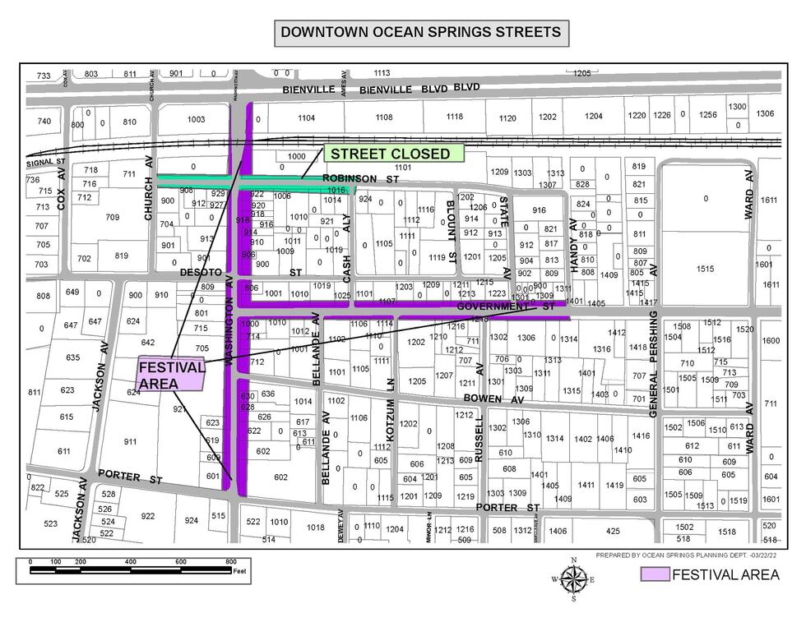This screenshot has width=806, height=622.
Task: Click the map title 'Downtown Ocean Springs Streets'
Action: point(420,33)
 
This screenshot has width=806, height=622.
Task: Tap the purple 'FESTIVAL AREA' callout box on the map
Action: point(171,376)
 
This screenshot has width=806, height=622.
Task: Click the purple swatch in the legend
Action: point(655,574)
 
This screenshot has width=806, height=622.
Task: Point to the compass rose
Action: point(573,579)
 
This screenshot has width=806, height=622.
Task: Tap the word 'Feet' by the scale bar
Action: point(239,570)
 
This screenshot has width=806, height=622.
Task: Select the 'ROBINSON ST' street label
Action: point(360,178)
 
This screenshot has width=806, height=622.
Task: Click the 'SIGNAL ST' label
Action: point(45,162)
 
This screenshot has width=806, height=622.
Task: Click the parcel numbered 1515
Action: point(706,269)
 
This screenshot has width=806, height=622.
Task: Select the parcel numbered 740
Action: point(44,122)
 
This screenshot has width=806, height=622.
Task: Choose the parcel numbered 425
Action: point(612,531)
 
